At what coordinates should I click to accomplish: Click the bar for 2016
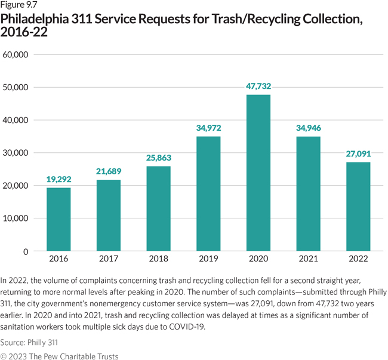pyautogui.click(x=58, y=219)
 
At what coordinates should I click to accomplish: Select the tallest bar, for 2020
pyautogui.click(x=258, y=173)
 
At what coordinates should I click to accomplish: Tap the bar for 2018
pyautogui.click(x=158, y=208)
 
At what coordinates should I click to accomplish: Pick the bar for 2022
pyautogui.click(x=358, y=206)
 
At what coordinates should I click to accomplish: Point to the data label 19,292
pyautogui.click(x=58, y=179)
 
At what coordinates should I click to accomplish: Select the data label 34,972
pyautogui.click(x=208, y=128)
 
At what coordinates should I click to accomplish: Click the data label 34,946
pyautogui.click(x=308, y=128)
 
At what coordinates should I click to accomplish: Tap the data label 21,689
pyautogui.click(x=109, y=171)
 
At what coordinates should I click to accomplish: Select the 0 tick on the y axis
pyautogui.click(x=26, y=251)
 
